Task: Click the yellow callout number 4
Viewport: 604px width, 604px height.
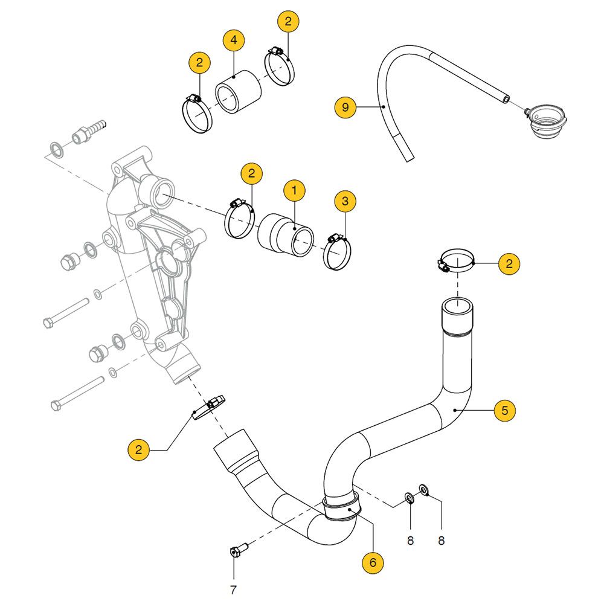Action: tap(234, 41)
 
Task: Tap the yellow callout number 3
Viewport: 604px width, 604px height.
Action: tap(345, 201)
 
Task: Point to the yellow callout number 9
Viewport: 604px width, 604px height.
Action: tap(345, 108)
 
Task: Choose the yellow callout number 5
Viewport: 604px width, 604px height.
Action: tap(505, 410)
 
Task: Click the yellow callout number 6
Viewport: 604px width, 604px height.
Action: tap(373, 562)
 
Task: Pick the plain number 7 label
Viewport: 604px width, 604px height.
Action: tap(233, 590)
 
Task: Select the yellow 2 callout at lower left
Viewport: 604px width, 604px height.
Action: tap(139, 449)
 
